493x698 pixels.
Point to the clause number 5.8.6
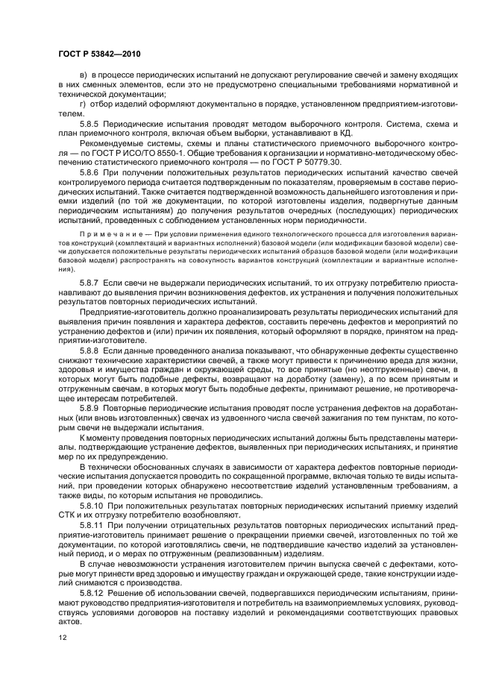tap(90, 172)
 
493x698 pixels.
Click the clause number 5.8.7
tap(90, 286)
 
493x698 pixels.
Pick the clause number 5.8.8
tap(90, 349)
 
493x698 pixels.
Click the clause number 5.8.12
tap(92, 592)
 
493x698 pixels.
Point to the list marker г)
tap(83, 102)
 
